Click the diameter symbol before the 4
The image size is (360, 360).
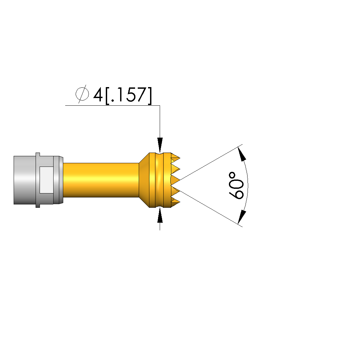pos(82,94)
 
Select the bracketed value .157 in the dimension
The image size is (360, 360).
pos(129,95)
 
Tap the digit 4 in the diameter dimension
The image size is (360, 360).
pos(98,94)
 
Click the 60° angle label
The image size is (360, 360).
pos(236,185)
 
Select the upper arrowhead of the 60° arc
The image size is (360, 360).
pos(242,154)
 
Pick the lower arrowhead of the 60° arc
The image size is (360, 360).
pos(242,217)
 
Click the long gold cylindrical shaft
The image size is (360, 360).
pos(101,180)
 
